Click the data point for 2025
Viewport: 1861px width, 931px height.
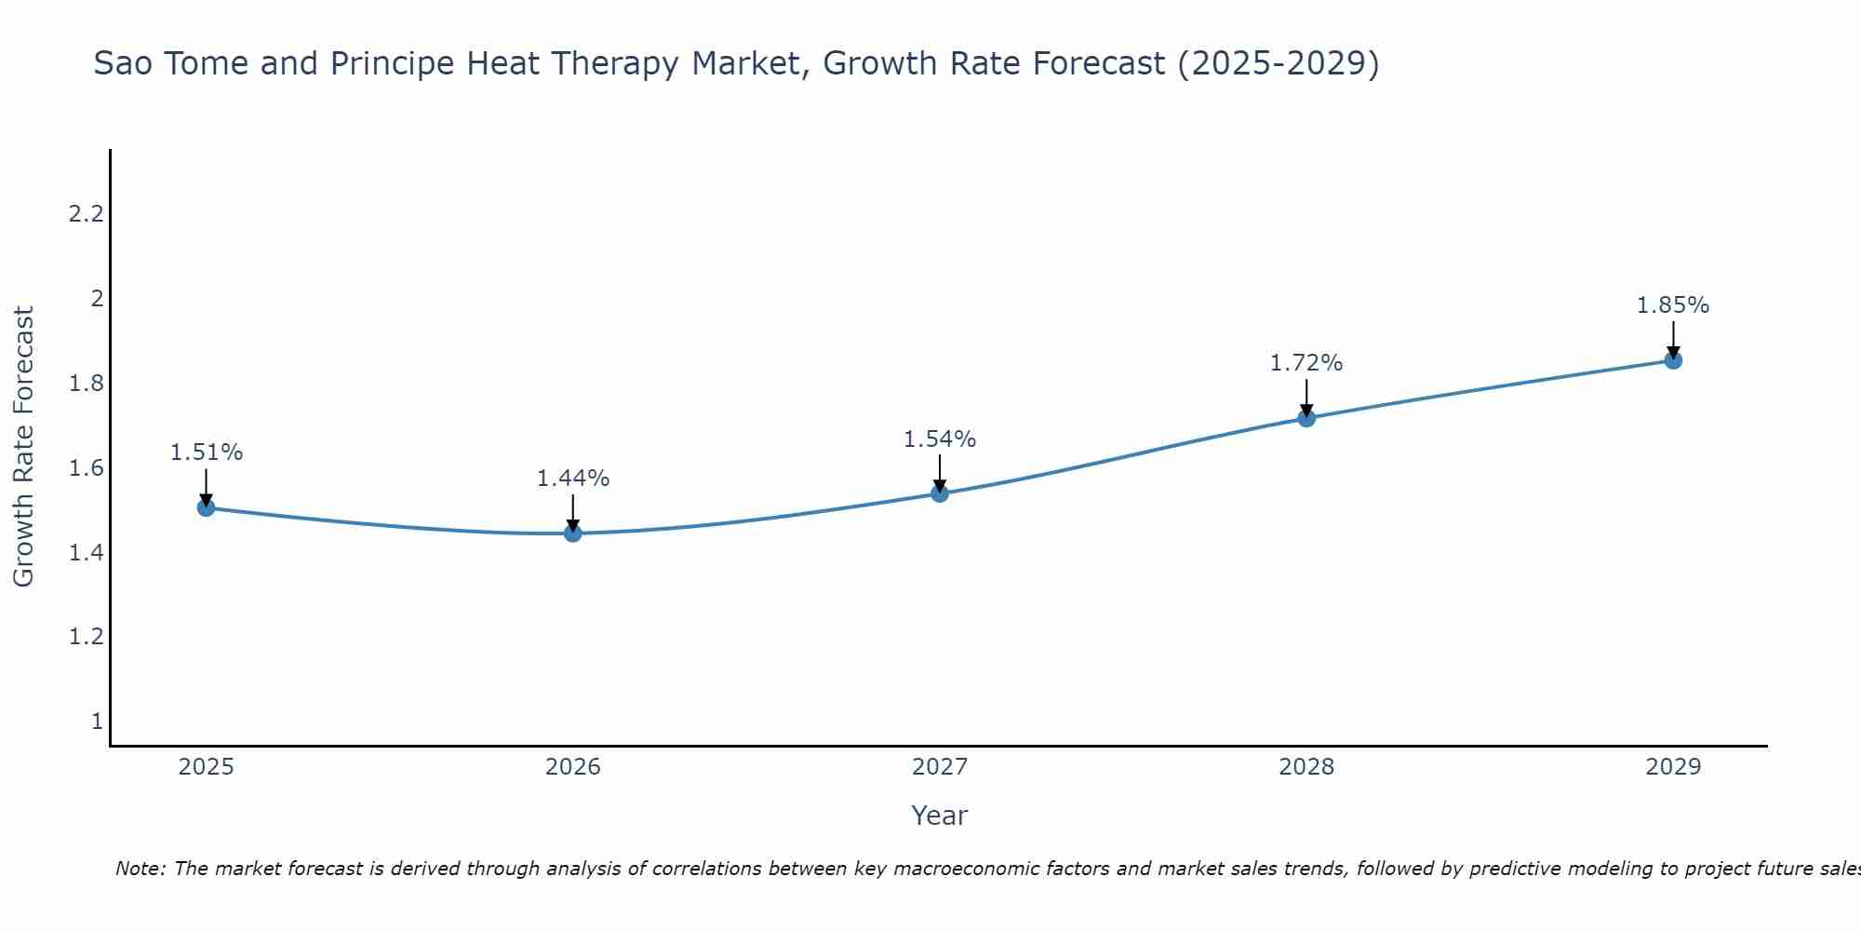pos(207,507)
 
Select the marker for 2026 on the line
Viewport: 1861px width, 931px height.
pos(573,533)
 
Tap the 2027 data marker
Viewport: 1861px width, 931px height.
pos(940,492)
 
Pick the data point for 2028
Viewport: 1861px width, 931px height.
pos(1306,418)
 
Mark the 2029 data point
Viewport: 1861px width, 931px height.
pos(1673,360)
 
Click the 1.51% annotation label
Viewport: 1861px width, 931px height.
pos(207,452)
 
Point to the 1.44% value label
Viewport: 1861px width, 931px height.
pos(573,479)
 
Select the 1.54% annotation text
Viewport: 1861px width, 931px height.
pos(940,439)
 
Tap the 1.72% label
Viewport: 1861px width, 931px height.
pos(1306,363)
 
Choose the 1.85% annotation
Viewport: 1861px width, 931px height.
pos(1673,305)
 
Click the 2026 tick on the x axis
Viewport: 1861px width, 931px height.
pos(573,767)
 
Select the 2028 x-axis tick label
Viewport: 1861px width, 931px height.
pos(1306,767)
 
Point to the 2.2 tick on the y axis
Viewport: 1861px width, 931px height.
pos(86,214)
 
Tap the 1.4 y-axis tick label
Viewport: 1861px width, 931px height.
pos(86,553)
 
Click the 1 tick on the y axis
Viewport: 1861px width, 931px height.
pos(97,722)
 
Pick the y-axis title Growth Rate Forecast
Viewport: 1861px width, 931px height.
pos(23,447)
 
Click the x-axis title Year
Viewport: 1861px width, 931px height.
pos(940,816)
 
